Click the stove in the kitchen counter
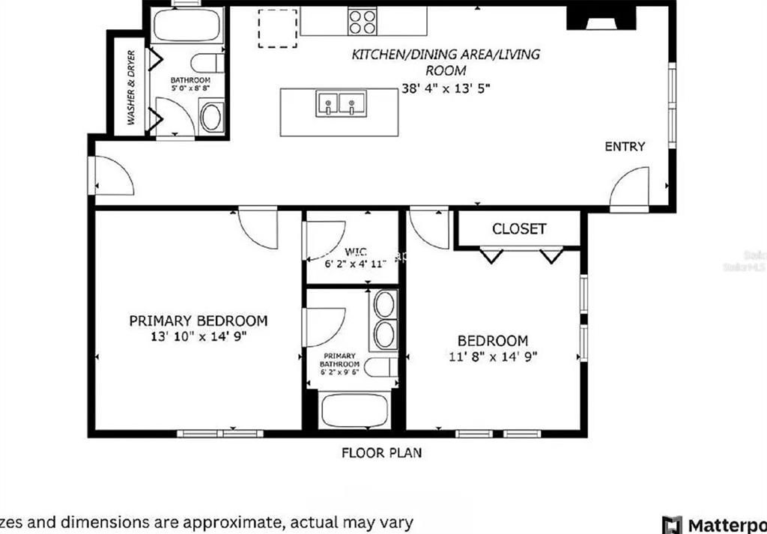tap(363, 21)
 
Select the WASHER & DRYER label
tap(131, 87)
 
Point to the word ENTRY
tap(624, 147)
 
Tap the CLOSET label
tap(519, 228)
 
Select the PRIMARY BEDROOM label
tap(198, 321)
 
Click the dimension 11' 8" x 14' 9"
tap(493, 356)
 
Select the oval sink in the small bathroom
tap(212, 119)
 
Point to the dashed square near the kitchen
tap(277, 28)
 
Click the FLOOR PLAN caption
tap(382, 452)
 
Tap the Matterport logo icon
tap(671, 523)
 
